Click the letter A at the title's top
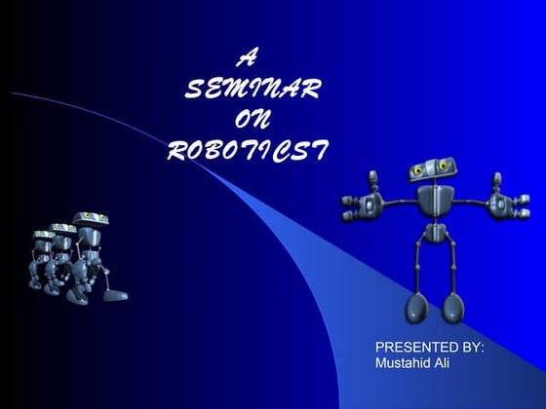(249, 59)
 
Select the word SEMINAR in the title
(253, 91)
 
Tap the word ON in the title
(252, 121)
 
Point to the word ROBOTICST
(249, 151)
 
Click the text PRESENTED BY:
(430, 348)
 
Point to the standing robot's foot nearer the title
(416, 310)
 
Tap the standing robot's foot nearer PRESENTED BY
(453, 310)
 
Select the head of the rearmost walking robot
(42, 237)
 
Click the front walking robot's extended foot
(116, 293)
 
